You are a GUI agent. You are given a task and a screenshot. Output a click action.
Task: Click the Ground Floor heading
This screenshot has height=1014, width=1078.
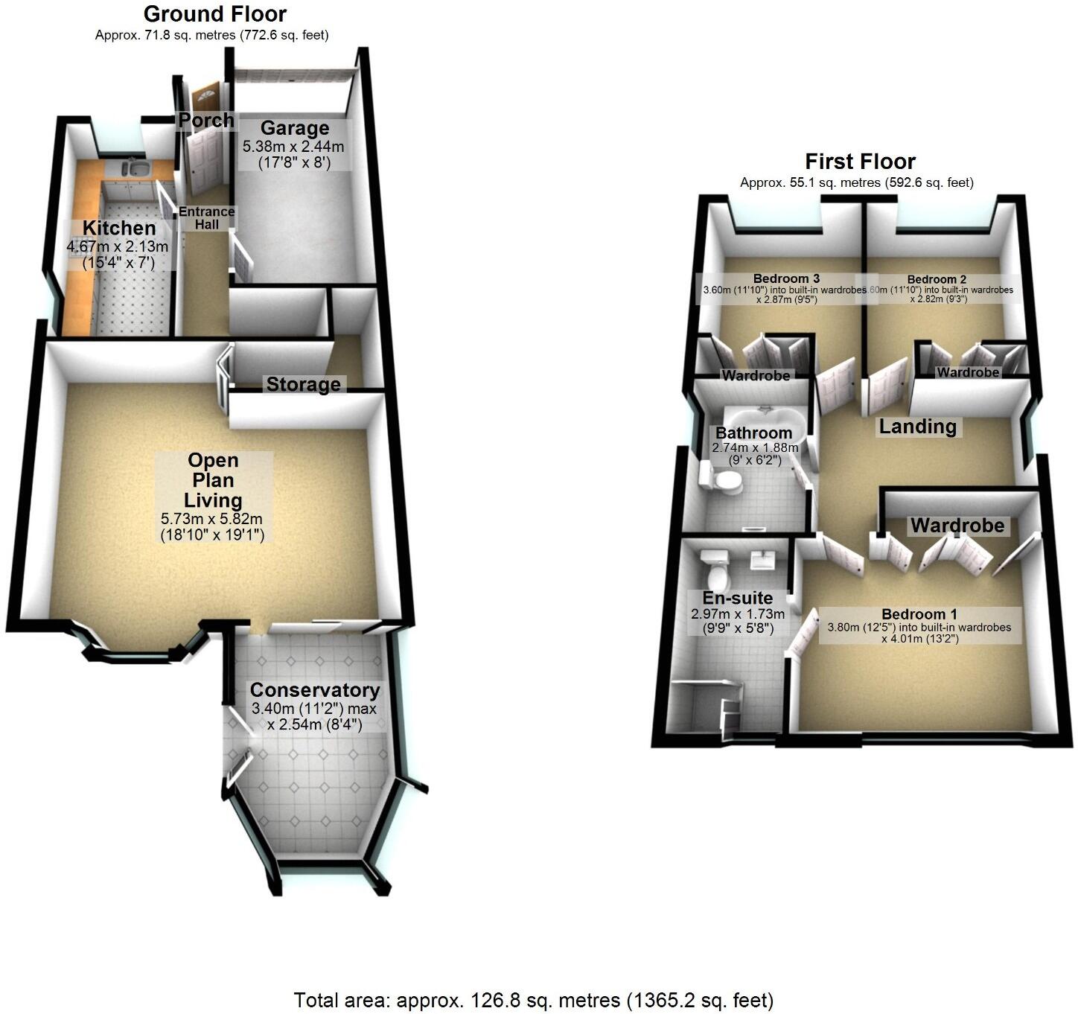click(214, 13)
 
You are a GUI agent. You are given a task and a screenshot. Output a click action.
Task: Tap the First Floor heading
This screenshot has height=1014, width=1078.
click(860, 162)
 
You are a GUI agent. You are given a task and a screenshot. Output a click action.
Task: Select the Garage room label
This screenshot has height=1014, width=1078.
click(294, 128)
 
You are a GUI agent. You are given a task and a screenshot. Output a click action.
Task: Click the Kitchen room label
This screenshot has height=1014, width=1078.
click(119, 228)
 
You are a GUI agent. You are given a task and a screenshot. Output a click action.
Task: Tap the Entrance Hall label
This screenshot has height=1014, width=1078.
click(206, 217)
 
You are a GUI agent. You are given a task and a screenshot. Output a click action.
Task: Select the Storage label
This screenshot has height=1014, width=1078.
click(303, 384)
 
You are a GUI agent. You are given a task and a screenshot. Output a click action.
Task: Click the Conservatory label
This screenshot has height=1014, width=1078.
click(314, 690)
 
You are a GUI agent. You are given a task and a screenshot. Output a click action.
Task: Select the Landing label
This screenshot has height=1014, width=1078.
click(917, 427)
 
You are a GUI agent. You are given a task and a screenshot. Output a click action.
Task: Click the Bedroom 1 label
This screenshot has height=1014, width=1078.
click(919, 614)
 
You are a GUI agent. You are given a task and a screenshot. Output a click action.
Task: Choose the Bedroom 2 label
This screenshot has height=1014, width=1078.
click(936, 279)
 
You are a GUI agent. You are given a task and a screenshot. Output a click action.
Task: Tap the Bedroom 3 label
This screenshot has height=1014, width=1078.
click(781, 279)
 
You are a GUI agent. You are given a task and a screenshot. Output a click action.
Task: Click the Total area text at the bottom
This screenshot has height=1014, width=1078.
click(533, 1000)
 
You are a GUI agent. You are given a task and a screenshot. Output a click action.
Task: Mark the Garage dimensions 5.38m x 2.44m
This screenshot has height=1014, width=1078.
click(293, 147)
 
